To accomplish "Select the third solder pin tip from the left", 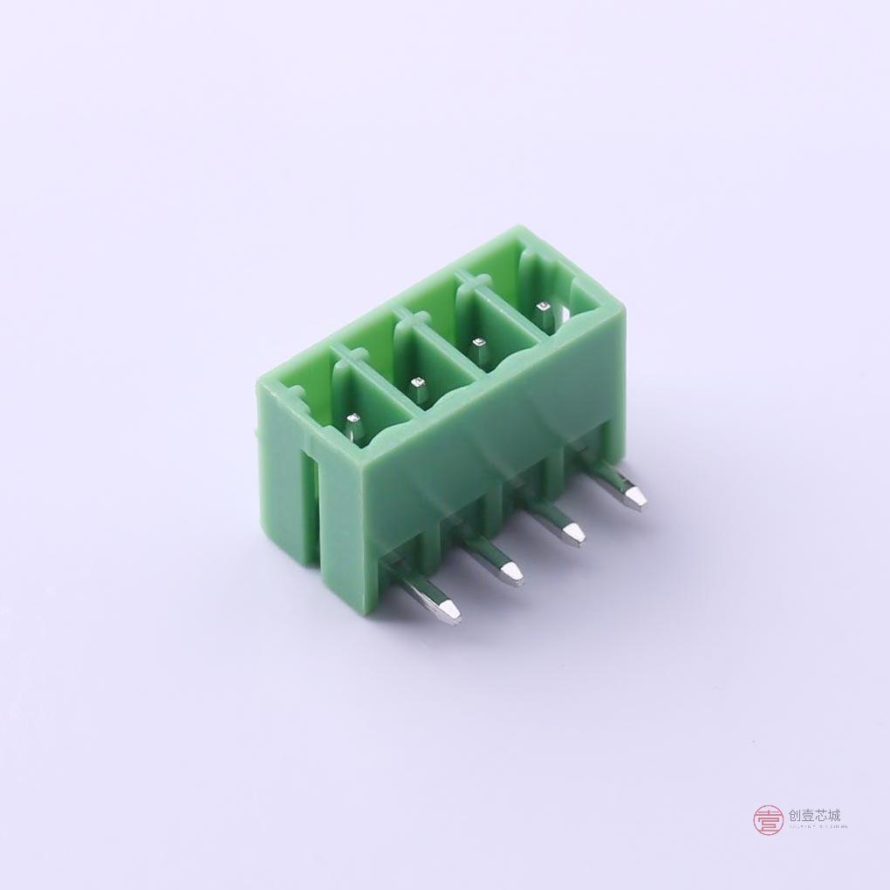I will (573, 533).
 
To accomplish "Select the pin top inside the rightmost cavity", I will (543, 307).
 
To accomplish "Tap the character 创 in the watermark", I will (795, 816).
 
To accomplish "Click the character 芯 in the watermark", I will (821, 816).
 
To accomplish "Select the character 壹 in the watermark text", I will (808, 816).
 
